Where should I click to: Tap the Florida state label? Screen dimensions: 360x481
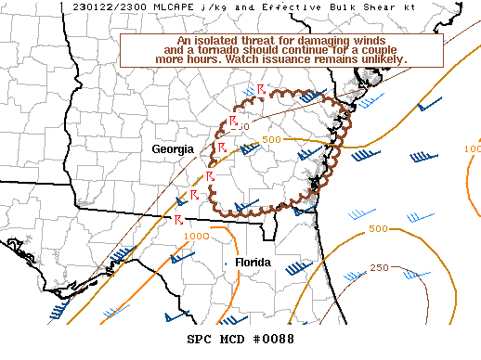tap(253, 263)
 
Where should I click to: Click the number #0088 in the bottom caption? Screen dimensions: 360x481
tap(275, 339)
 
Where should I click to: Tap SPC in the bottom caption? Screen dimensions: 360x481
tap(201, 339)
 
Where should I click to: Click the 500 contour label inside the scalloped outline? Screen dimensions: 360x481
tap(271, 139)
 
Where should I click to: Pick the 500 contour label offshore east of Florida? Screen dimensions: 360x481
tap(378, 228)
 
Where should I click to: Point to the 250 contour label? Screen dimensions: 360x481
tap(379, 268)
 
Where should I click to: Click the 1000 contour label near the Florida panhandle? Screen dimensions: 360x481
tap(196, 236)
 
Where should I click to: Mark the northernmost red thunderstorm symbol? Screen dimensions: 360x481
tap(261, 87)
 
